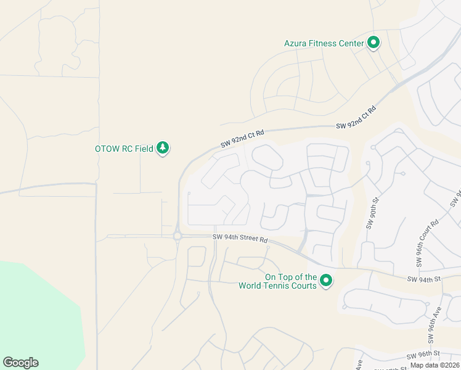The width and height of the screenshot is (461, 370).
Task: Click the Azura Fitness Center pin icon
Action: [373, 43]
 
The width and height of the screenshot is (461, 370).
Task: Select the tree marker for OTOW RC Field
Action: [163, 148]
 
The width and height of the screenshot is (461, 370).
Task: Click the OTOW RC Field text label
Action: [123, 149]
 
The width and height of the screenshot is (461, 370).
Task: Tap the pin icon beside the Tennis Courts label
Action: [326, 281]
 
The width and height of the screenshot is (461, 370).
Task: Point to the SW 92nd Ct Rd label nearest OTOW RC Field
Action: [242, 139]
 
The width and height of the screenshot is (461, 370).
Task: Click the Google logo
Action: [20, 363]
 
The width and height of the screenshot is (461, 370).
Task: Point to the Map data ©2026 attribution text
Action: [434, 365]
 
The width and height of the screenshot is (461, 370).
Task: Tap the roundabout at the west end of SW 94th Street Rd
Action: [177, 236]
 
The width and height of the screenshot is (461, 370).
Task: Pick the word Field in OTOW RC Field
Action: [143, 149]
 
